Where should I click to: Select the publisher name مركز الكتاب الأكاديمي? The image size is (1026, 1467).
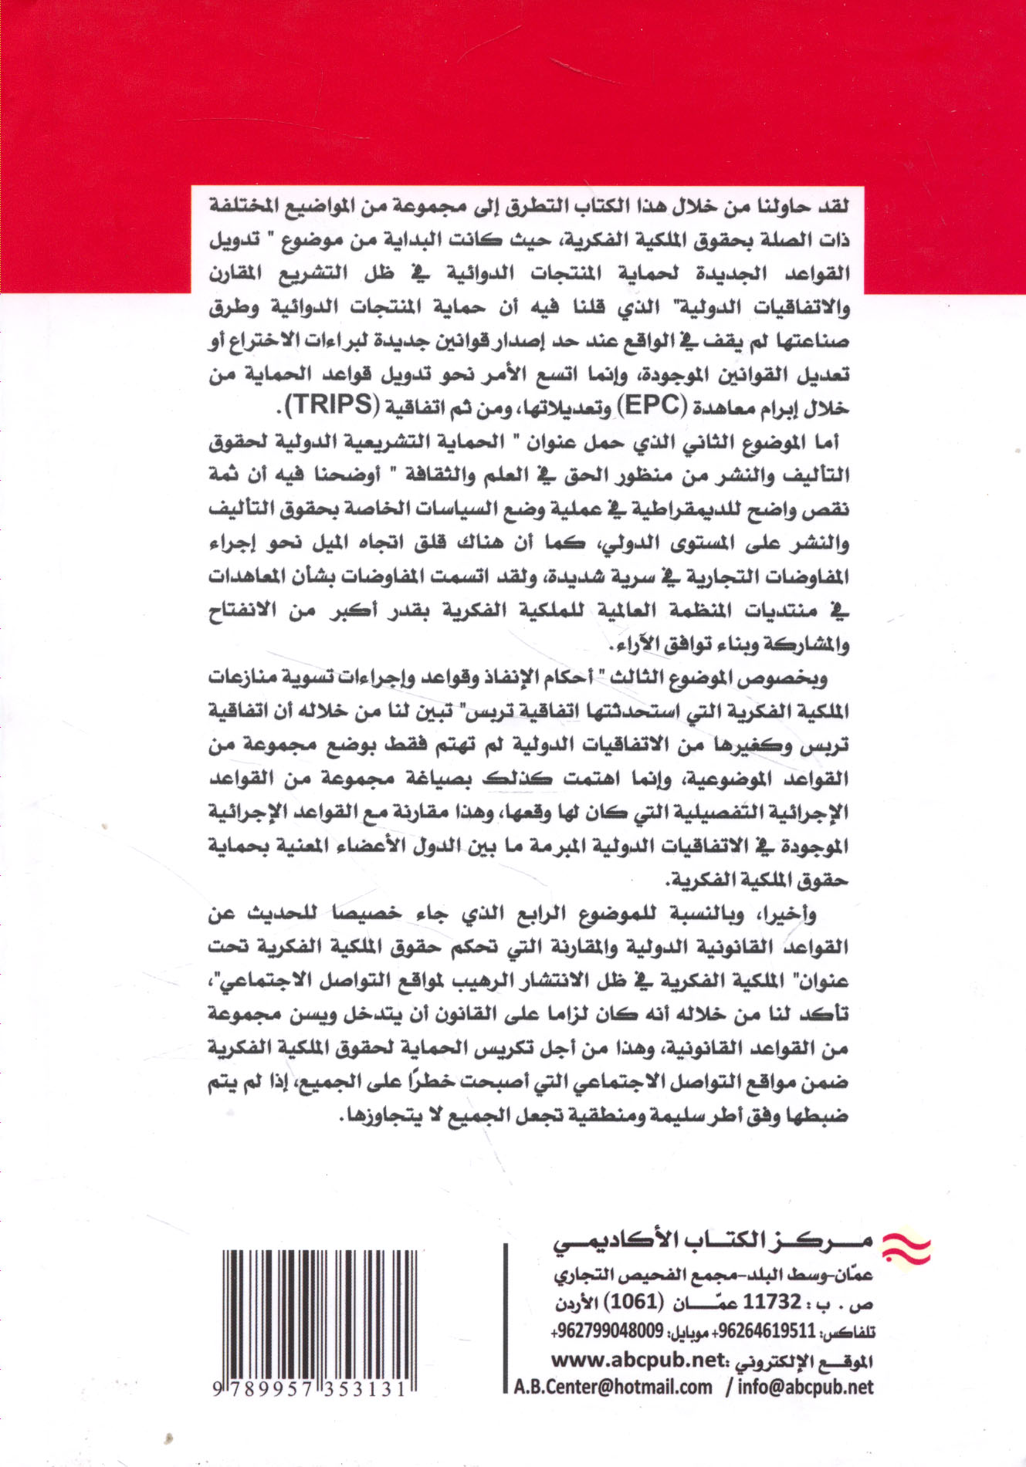[x=713, y=1242]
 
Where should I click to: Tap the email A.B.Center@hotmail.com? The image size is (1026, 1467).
[x=613, y=1387]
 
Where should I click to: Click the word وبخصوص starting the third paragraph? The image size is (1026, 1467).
[x=791, y=678]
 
